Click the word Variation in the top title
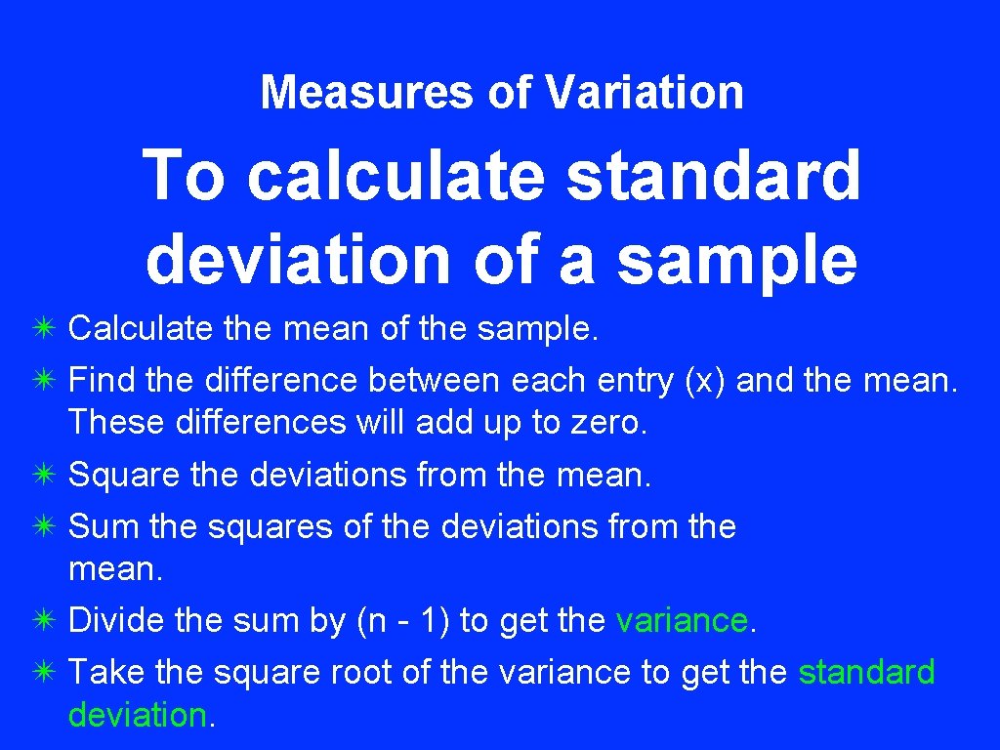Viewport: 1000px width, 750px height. tap(645, 93)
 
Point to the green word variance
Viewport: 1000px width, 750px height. tap(682, 621)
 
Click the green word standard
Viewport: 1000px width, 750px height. tap(866, 673)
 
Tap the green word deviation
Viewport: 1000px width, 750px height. tap(137, 715)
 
